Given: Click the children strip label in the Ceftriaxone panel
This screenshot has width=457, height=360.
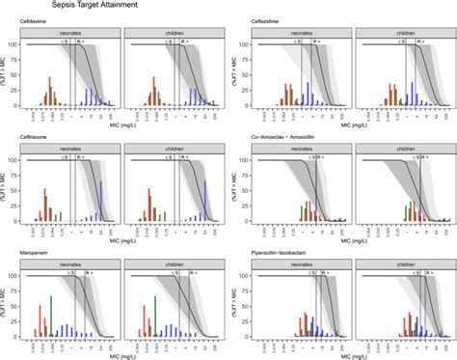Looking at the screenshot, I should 169,150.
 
